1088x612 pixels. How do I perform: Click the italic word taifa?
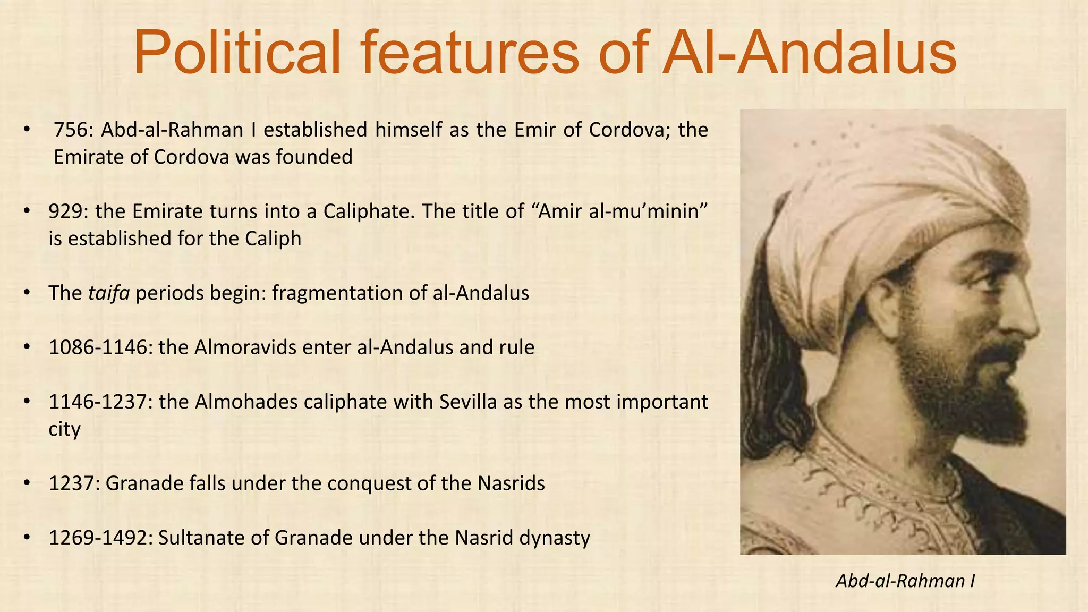(x=109, y=293)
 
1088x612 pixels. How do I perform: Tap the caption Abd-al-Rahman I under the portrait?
(x=905, y=581)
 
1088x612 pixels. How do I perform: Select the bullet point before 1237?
(x=28, y=484)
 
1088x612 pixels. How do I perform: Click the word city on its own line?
(x=64, y=429)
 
